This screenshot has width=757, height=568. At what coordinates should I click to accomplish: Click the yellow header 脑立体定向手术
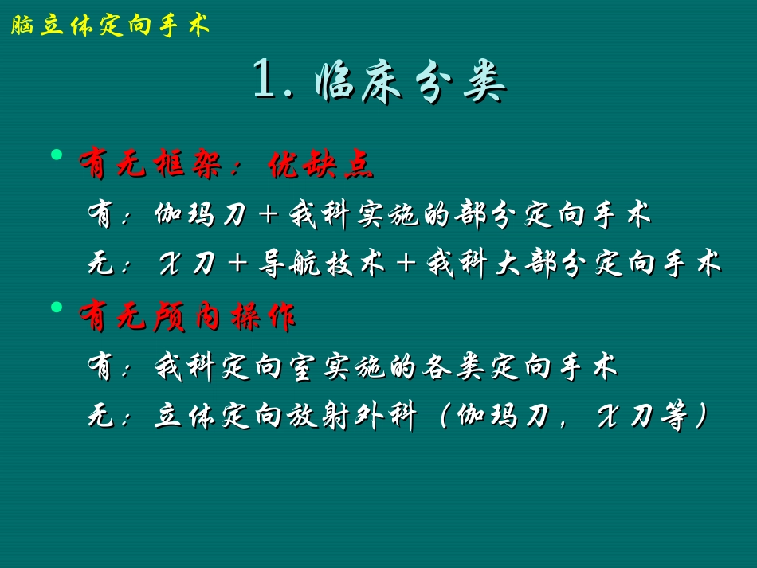(x=110, y=26)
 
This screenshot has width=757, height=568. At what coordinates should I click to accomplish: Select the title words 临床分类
(x=411, y=82)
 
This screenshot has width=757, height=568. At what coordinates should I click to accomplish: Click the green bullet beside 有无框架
(x=57, y=153)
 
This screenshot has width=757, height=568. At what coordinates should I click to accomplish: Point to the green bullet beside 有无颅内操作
(x=57, y=307)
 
